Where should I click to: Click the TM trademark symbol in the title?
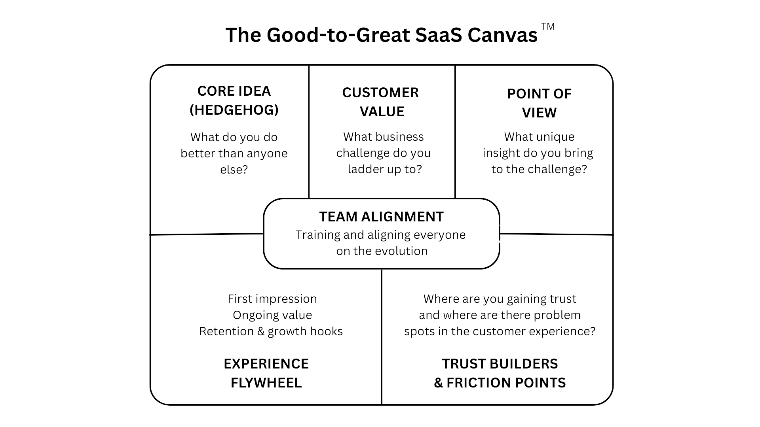[x=547, y=26]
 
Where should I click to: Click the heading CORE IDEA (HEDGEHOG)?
[x=234, y=100]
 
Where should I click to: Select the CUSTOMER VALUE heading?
[x=381, y=102]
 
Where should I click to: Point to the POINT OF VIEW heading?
[x=539, y=103]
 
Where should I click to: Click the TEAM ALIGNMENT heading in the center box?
[x=381, y=217]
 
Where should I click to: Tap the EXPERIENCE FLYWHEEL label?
[x=266, y=373]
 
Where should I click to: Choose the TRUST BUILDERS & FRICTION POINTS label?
[x=500, y=373]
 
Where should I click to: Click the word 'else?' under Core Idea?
[x=234, y=170]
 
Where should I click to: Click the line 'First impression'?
[x=272, y=299]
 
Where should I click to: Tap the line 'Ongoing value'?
[x=272, y=315]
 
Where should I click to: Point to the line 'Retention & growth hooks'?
[x=271, y=331]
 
